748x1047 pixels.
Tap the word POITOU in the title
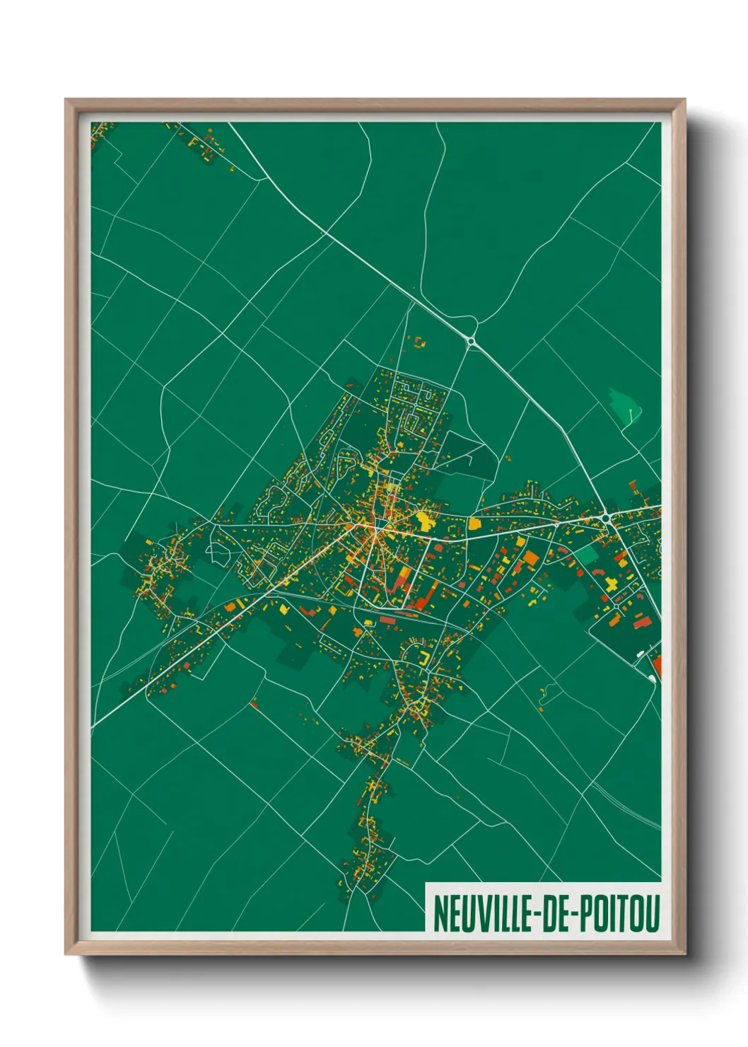pyautogui.click(x=620, y=913)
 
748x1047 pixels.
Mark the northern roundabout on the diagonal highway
pyautogui.click(x=471, y=341)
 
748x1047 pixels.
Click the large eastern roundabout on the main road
pyautogui.click(x=605, y=519)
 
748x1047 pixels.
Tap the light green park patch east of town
pyautogui.click(x=625, y=406)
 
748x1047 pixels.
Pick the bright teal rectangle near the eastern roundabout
pyautogui.click(x=585, y=554)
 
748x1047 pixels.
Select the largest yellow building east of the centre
pyautogui.click(x=424, y=521)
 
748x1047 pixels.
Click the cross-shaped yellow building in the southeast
pyautogui.click(x=610, y=583)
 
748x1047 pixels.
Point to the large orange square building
pyautogui.click(x=530, y=557)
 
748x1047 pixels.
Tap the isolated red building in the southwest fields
pyautogui.click(x=254, y=703)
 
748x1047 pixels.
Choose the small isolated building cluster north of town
pyautogui.click(x=419, y=342)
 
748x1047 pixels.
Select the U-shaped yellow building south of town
pyautogui.click(x=424, y=657)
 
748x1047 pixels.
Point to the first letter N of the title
pyautogui.click(x=438, y=913)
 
